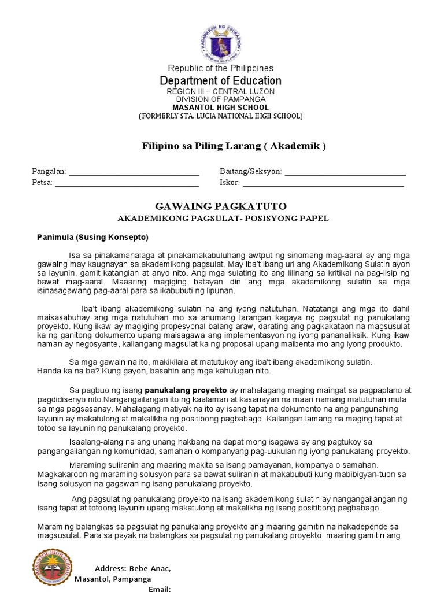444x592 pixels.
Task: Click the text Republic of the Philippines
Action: (x=220, y=68)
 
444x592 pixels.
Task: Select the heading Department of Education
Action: (x=220, y=81)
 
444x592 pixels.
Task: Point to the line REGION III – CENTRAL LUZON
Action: (x=220, y=92)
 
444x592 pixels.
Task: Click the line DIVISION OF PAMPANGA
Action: (x=220, y=99)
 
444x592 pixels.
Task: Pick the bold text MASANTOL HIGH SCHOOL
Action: (x=220, y=108)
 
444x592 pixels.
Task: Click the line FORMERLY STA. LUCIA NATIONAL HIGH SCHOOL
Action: (x=220, y=116)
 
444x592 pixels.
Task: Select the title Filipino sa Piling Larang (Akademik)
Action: (x=234, y=146)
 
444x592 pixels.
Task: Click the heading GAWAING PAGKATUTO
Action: (x=221, y=206)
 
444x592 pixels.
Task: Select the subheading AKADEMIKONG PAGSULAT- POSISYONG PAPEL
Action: (x=223, y=219)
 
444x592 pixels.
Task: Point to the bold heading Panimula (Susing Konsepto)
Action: (x=92, y=237)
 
